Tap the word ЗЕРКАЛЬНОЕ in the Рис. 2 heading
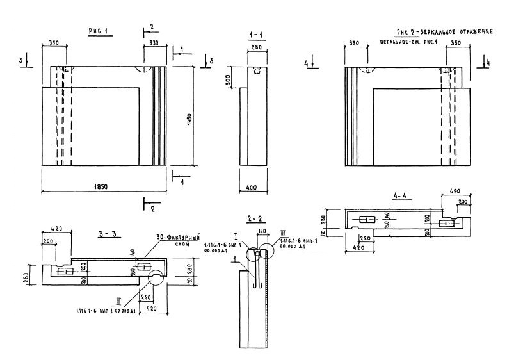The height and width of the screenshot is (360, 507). point(440,31)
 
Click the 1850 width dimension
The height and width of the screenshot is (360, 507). point(101,186)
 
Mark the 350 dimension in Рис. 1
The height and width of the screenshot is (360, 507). point(53,44)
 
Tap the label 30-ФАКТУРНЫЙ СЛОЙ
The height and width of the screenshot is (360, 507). point(176,240)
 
